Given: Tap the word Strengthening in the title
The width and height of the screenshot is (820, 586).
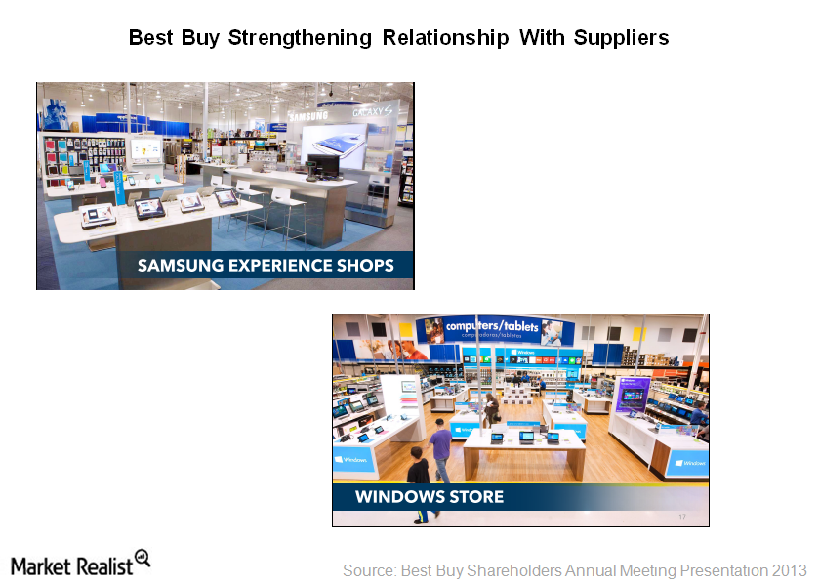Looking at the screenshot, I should coord(303,38).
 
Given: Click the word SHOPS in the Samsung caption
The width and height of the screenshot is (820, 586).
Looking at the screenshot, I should coord(362,265).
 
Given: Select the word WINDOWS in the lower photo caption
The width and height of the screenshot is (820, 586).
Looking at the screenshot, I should coord(394,497).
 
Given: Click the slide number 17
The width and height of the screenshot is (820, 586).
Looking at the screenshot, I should coord(681,517).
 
